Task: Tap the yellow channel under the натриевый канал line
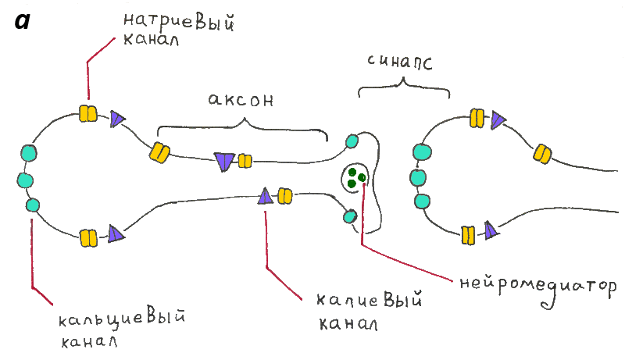point(87,114)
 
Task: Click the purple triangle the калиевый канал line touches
point(265,195)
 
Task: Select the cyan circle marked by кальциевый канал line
point(33,205)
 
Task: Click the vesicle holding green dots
point(355,178)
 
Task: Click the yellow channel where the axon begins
point(160,151)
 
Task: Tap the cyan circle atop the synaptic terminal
point(352,141)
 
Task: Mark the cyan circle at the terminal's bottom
point(348,214)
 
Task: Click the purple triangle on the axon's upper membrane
point(225,161)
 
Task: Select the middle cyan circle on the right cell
point(417,177)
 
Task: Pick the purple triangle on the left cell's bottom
point(116,233)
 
